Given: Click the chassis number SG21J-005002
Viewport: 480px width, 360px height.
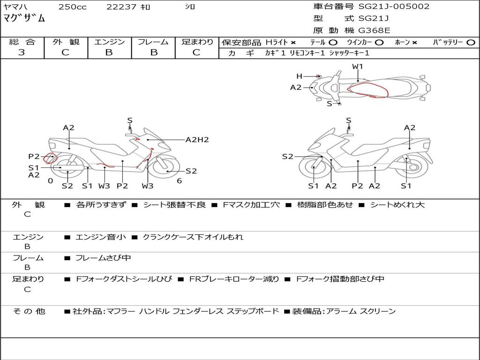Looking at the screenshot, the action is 394,7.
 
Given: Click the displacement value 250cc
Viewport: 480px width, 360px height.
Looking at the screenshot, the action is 73,7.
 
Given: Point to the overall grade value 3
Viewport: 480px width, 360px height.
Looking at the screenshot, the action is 22,52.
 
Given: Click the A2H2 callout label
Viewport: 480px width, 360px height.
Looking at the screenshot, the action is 197,140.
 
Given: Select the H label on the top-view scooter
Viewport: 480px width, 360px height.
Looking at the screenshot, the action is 299,76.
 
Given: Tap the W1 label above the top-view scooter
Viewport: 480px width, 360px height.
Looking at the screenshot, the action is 357,67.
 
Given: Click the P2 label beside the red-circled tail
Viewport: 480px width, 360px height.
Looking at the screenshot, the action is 34,157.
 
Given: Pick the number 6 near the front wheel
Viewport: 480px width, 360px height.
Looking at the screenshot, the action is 180,181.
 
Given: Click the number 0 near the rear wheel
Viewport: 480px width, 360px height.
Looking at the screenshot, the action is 51,181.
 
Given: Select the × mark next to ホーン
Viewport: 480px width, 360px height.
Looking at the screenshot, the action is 414,43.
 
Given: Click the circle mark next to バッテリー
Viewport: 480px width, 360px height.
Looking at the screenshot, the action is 471,43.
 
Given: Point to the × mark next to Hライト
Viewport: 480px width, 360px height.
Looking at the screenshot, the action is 293,43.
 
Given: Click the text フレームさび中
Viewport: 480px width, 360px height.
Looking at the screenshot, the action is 103,258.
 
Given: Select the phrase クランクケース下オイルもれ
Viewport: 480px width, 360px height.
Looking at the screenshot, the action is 193,237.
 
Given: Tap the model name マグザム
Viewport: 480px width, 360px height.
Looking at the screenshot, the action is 24,18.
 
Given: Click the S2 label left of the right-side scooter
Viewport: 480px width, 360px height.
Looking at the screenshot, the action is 287,157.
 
